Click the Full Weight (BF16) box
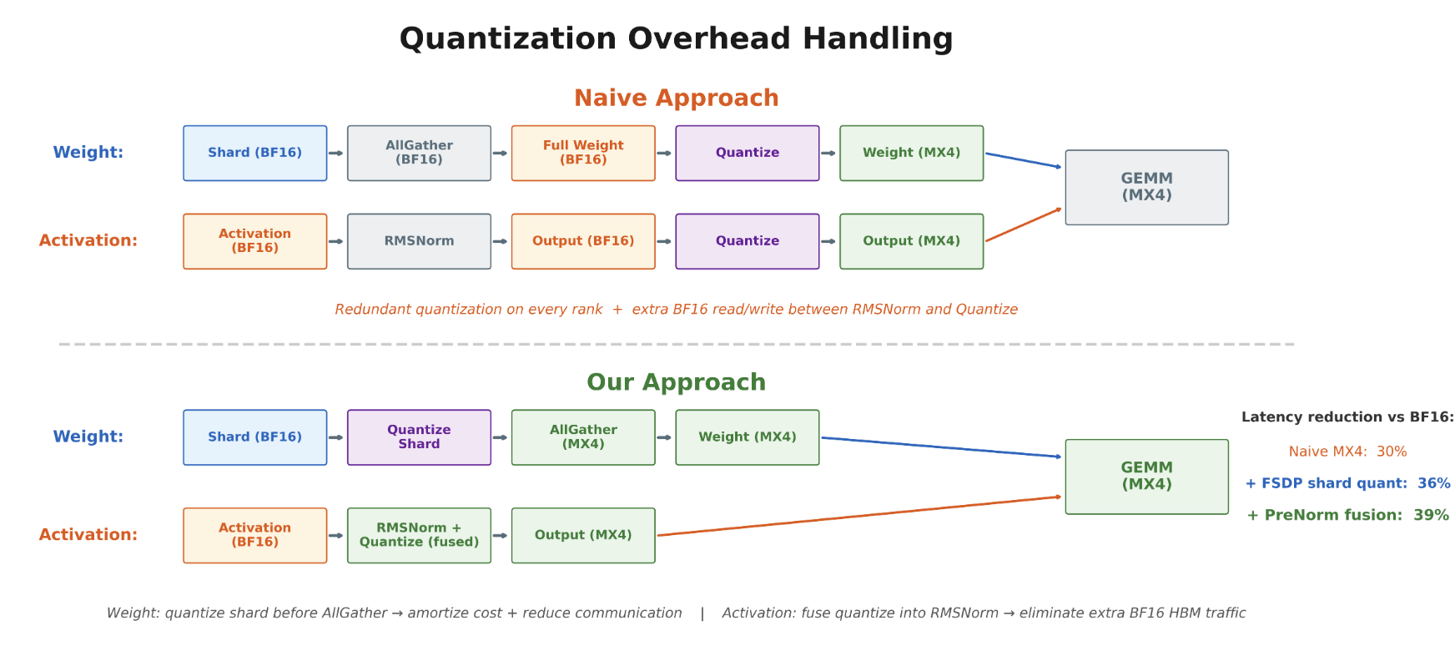click(583, 153)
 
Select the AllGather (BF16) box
click(419, 153)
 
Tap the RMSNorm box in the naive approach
click(419, 241)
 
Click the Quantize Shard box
click(419, 437)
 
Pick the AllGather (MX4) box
click(583, 437)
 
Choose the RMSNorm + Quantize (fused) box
click(419, 535)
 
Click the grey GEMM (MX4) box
click(1147, 187)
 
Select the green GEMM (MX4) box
click(1147, 477)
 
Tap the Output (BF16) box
click(583, 241)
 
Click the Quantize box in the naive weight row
click(748, 153)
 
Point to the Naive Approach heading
click(677, 98)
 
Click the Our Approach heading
click(677, 382)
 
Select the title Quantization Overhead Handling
click(677, 38)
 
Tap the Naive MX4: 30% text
click(1347, 452)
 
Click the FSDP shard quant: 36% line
click(1347, 483)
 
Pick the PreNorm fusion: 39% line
click(1347, 515)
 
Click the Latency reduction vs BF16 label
click(1347, 417)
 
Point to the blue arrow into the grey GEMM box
click(1024, 160)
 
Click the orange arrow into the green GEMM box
click(859, 516)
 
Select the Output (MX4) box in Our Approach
click(583, 535)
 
